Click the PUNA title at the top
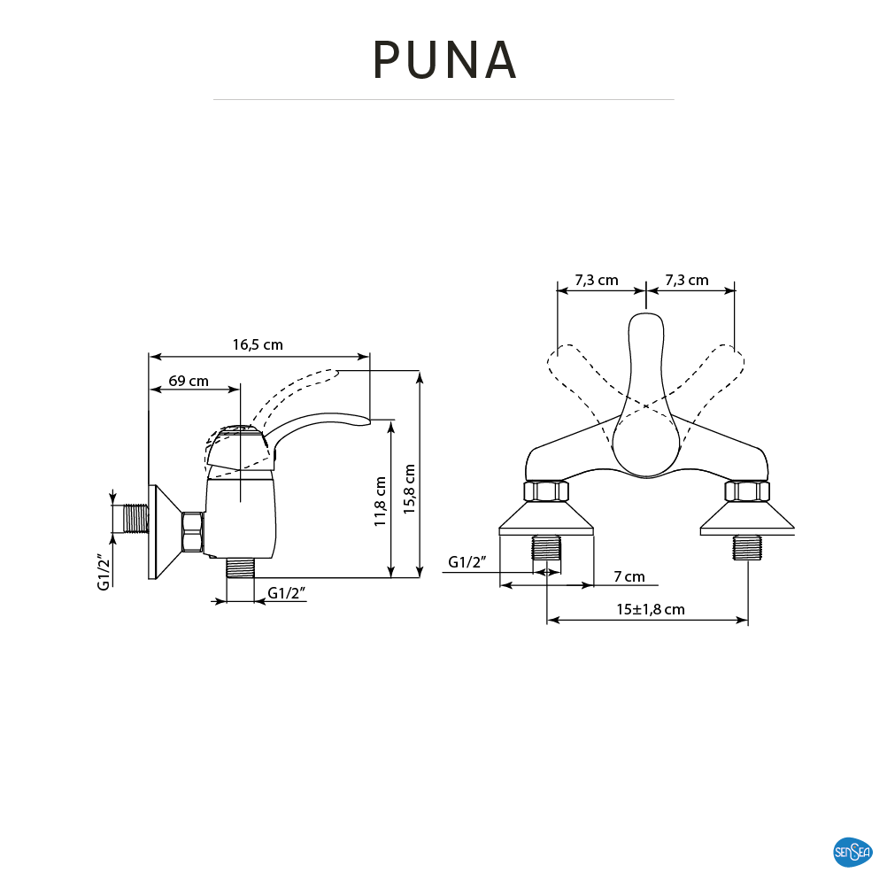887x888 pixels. coord(444,59)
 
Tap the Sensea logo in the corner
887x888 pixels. coord(852,852)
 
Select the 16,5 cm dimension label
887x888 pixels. coord(258,344)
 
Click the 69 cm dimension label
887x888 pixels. coord(189,381)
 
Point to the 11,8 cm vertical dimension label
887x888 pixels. coord(380,502)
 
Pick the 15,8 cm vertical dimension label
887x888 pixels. coord(410,489)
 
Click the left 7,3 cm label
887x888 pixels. coord(597,280)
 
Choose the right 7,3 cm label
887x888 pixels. coord(686,280)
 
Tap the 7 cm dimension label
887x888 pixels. coord(629,576)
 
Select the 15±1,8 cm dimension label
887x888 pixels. coord(651,609)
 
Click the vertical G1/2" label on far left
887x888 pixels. coord(103,572)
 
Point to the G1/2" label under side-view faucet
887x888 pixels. coord(287,593)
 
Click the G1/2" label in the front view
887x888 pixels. coord(467,562)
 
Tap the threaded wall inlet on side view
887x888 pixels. coord(136,518)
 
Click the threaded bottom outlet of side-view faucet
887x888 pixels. coord(241,568)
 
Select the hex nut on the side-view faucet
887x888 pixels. coord(193,532)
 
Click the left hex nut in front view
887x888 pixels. coord(546,491)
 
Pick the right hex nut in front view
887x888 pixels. coord(747,491)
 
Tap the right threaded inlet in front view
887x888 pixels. coord(747,548)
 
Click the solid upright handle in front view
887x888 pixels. coord(646,397)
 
